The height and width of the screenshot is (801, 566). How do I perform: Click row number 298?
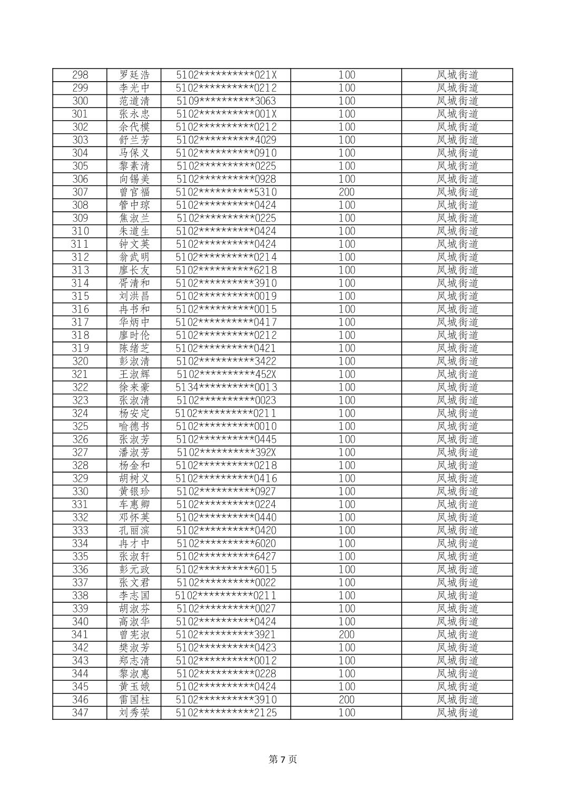point(80,75)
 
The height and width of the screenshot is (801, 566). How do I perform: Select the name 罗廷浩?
point(134,75)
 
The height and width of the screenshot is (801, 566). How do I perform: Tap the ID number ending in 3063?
point(226,101)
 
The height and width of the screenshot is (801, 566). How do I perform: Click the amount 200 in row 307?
point(346,192)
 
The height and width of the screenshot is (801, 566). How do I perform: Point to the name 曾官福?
point(134,192)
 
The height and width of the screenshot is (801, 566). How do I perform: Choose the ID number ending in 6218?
point(226,270)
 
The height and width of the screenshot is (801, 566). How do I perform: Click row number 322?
point(80,387)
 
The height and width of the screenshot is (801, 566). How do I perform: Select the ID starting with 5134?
point(226,387)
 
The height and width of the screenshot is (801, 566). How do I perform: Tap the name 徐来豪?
point(134,387)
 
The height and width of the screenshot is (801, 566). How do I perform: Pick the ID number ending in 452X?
point(226,374)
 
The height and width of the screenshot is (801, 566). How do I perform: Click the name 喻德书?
point(134,426)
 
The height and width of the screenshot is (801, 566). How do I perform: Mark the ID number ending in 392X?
point(226,452)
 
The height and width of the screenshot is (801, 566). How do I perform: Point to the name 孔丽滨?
point(134,531)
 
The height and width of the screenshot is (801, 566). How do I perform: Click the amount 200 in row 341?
point(346,634)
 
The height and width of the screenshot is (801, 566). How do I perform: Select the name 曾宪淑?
point(134,634)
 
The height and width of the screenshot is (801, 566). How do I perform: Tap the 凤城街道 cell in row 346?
point(457,700)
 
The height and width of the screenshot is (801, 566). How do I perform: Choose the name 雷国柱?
point(134,700)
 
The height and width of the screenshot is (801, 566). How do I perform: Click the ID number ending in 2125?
point(226,713)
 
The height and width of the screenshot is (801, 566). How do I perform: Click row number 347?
point(80,713)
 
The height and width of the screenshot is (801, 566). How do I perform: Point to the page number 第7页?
point(283,759)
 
